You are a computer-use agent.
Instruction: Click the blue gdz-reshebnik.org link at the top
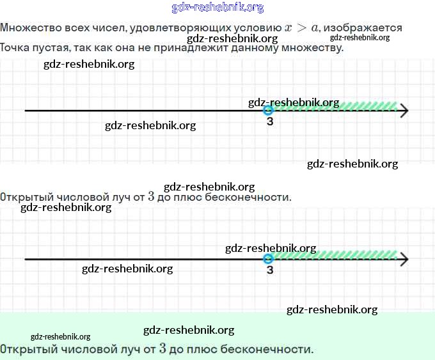[x=217, y=8]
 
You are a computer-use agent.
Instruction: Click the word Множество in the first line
[x=28, y=28]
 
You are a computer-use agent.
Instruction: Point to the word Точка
[x=15, y=48]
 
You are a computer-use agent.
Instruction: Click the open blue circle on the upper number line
[x=269, y=111]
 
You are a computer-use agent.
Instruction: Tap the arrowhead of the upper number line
[x=403, y=111]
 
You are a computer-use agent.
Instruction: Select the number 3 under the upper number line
[x=270, y=122]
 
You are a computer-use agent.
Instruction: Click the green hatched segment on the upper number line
[x=336, y=106]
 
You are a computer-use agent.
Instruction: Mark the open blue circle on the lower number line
[x=269, y=258]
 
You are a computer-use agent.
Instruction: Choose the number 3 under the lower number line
[x=270, y=270]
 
